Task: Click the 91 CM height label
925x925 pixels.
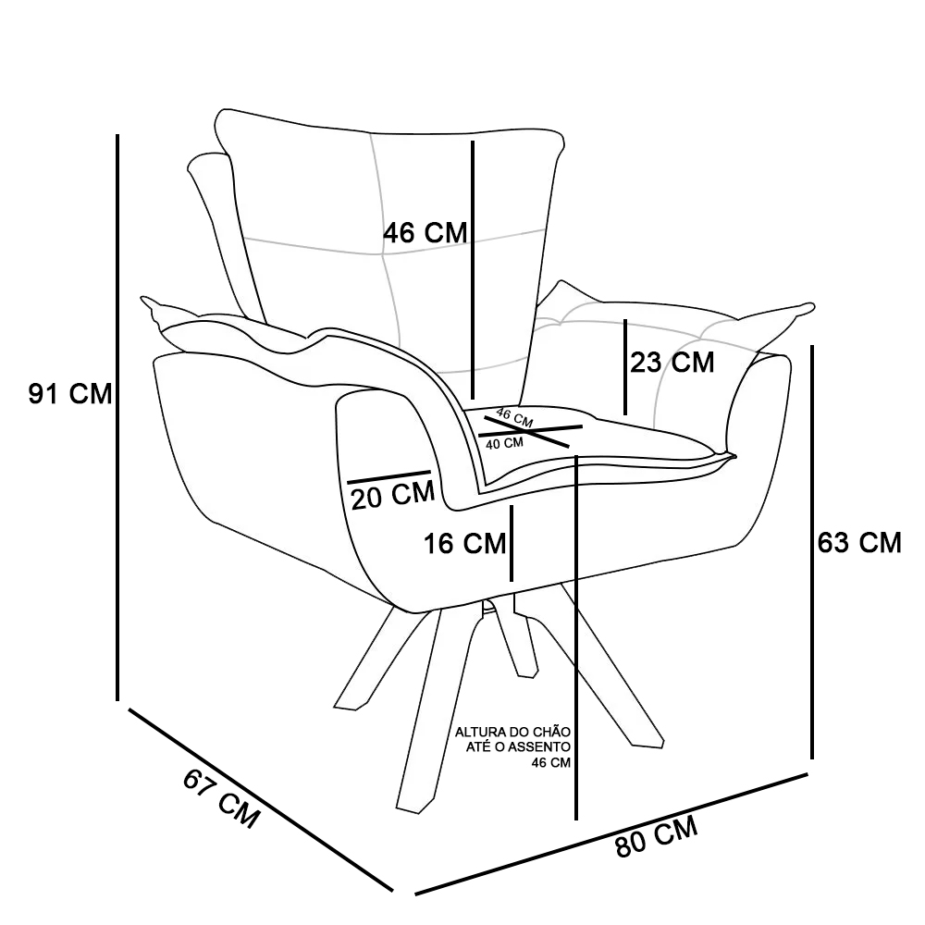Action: pos(70,395)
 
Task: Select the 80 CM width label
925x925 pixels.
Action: pos(656,837)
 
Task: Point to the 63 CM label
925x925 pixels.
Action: pos(859,543)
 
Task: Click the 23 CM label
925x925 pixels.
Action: pos(672,363)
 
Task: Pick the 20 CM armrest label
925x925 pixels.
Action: pos(393,496)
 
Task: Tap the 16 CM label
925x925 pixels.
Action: pos(465,544)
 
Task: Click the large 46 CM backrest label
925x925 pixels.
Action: pos(425,233)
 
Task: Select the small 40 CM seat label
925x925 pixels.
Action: pos(504,443)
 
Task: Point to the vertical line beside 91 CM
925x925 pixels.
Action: pos(118,416)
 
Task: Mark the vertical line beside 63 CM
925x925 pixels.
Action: pos(812,551)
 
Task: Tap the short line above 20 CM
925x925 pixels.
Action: pos(388,477)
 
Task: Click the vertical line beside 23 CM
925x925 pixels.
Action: pos(625,366)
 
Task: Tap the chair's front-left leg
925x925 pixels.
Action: pos(430,721)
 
